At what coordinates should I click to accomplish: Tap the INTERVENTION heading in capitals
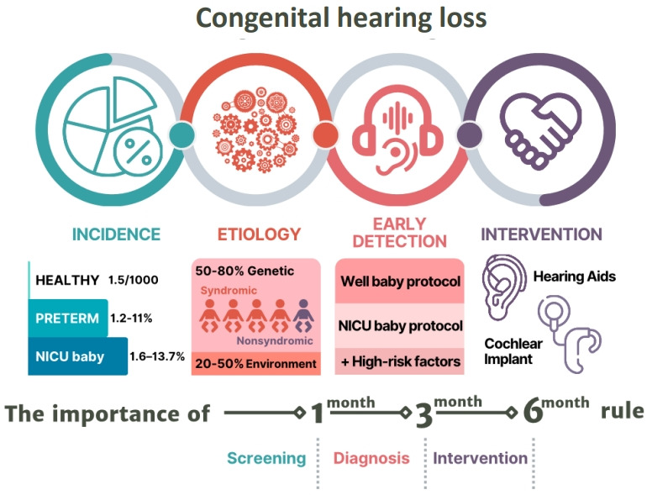(541, 234)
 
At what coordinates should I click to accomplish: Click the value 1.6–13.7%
(157, 357)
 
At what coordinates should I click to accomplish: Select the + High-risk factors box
(399, 362)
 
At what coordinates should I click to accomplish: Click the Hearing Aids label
(575, 275)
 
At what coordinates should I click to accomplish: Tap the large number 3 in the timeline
(423, 416)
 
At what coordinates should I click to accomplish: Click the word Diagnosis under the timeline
(371, 458)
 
